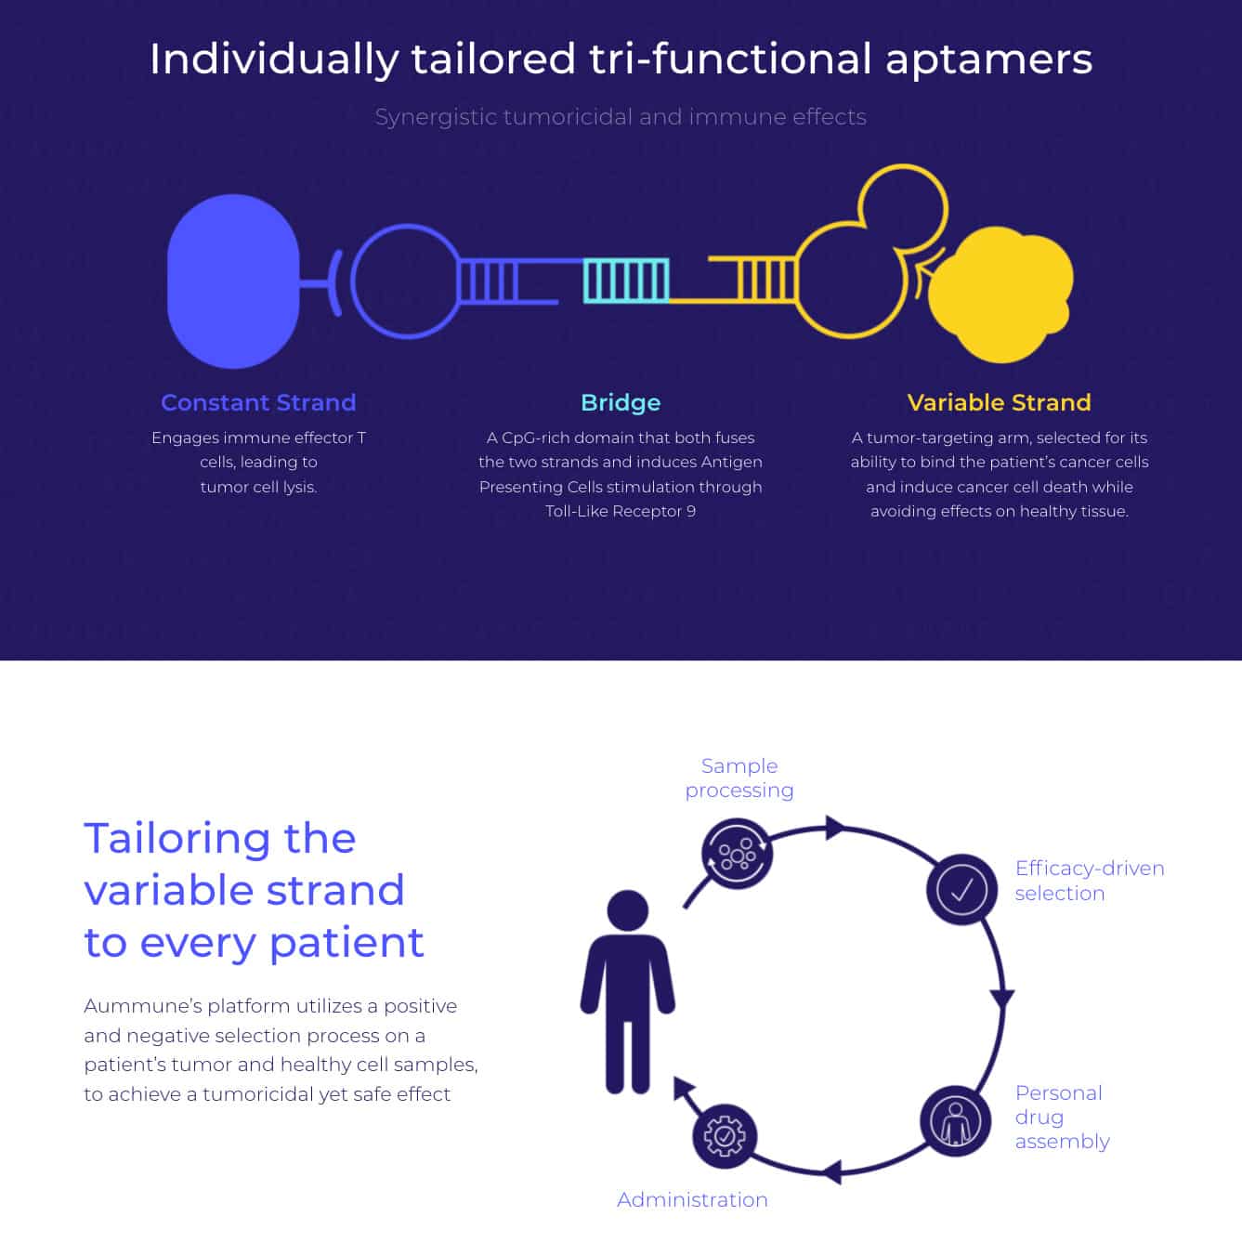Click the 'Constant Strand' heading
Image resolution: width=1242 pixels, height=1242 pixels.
coord(258,402)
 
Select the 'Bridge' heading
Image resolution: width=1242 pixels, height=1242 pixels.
coord(621,403)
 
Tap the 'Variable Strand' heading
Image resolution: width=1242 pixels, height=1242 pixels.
coord(999,402)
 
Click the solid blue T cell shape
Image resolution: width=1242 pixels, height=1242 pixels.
coord(233,281)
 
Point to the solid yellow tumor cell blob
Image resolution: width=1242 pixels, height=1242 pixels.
coord(1001,294)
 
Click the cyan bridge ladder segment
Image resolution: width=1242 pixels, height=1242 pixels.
coord(626,281)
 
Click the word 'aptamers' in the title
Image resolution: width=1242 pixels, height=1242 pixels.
coord(988,60)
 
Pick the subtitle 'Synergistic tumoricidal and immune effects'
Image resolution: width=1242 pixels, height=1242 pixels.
coord(621,117)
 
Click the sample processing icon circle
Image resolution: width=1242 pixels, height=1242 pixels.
coord(737,854)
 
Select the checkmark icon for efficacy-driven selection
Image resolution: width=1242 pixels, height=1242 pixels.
coord(961,889)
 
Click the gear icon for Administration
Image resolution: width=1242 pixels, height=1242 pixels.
coord(725,1136)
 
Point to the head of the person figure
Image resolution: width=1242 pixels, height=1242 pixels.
coord(628,910)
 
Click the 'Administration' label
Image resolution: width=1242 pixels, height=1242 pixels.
coord(692,1199)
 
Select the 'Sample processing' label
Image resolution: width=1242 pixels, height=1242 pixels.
coord(739,778)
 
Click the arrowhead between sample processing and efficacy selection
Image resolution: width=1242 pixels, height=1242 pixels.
coord(835,828)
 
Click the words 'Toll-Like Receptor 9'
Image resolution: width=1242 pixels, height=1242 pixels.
coord(621,511)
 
